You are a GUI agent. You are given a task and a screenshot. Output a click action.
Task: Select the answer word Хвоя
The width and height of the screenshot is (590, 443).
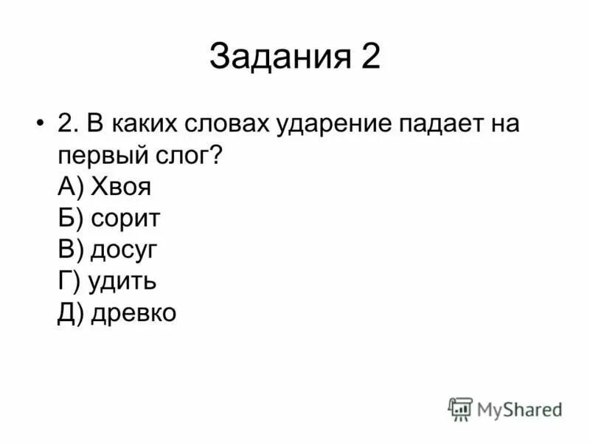pos(122,188)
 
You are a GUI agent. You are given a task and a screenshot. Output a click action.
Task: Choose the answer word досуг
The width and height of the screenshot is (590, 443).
pos(125,251)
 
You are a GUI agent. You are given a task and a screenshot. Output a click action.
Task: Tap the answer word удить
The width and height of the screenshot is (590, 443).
pos(121,282)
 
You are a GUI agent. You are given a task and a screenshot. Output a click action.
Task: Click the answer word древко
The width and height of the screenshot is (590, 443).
pos(133,314)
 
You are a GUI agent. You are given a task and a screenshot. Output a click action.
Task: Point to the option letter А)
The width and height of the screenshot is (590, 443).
pos(72,188)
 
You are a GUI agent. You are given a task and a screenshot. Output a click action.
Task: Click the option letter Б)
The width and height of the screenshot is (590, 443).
pos(72,219)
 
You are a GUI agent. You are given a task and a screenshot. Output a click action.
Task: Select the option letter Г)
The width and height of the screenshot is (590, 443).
pos(69,282)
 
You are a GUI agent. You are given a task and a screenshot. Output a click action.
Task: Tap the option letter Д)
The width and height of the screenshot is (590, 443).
pos(72,314)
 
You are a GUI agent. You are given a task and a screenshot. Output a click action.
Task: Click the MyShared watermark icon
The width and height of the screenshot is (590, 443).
pos(460,409)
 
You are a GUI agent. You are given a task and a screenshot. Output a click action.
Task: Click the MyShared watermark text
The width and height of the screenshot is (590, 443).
pos(520,409)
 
